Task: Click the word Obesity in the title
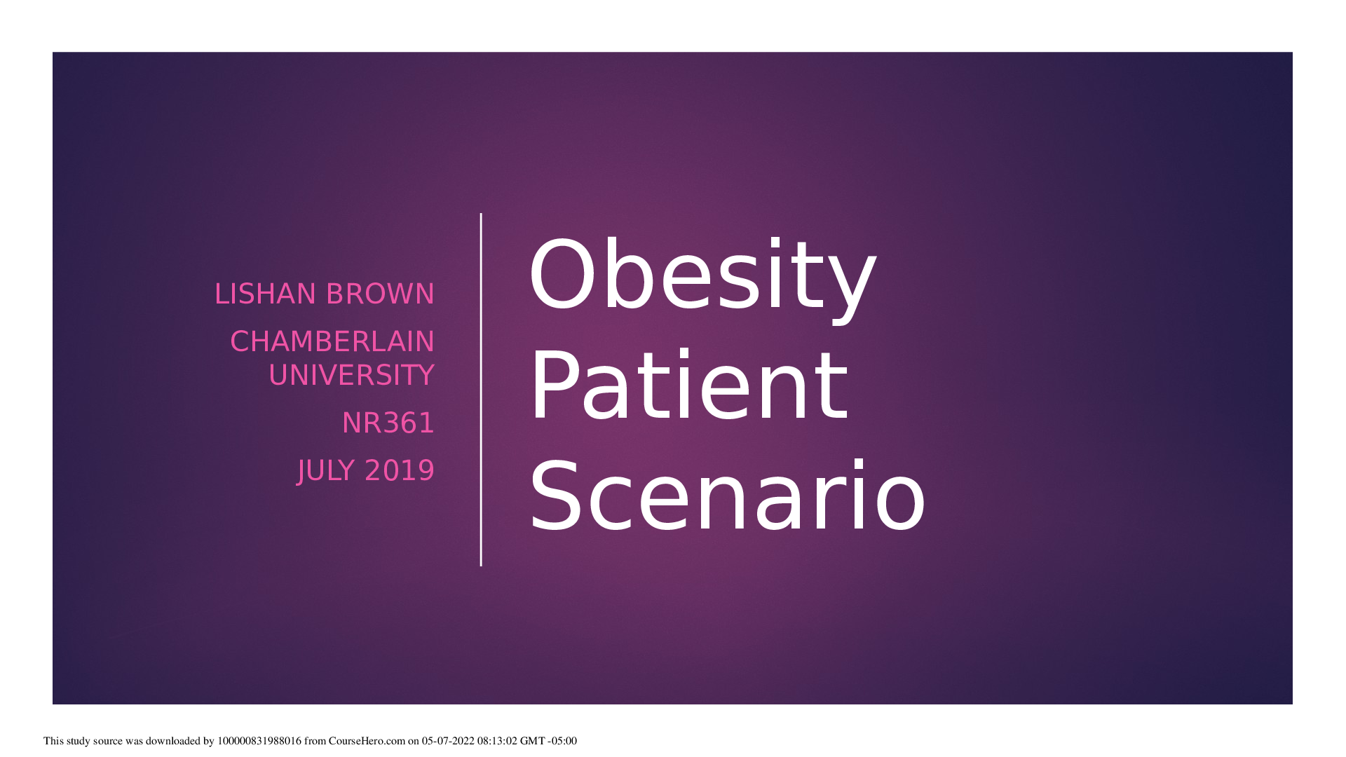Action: (x=702, y=275)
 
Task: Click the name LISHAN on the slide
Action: (x=266, y=294)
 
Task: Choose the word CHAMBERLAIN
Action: (x=332, y=342)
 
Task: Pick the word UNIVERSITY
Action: (x=351, y=376)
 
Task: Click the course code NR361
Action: (x=388, y=423)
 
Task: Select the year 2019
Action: (x=400, y=471)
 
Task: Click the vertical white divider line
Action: (x=481, y=390)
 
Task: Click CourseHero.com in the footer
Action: (x=367, y=741)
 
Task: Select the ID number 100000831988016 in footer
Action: (x=259, y=741)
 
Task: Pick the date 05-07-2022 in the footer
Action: (x=448, y=741)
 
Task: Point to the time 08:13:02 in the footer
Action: (x=497, y=741)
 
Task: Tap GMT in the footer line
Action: (x=532, y=741)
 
